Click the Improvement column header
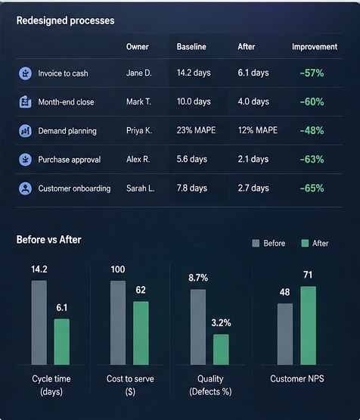point(315,47)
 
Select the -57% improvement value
point(312,73)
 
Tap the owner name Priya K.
point(139,130)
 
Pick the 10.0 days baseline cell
point(194,101)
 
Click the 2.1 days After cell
point(253,159)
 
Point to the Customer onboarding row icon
point(26,188)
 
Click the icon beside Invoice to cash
point(26,73)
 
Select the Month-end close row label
point(66,102)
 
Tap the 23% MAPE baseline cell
point(196,130)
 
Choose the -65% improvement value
point(312,188)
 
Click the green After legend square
point(305,243)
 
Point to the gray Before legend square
point(256,243)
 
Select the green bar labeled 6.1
point(62,342)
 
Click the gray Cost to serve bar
point(118,323)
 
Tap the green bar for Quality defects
point(221,350)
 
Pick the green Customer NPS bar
point(309,325)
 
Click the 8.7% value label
point(198,278)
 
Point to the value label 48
point(285,292)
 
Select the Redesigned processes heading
point(66,20)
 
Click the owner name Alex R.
point(138,160)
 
